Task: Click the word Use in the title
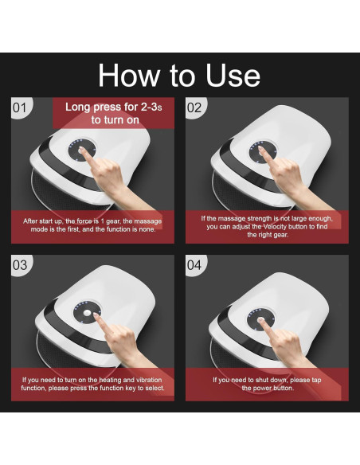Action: [233, 76]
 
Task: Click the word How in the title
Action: [129, 76]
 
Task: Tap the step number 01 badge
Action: [20, 107]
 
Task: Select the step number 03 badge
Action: [20, 265]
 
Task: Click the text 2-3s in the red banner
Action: [151, 107]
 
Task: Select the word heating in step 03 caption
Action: [110, 380]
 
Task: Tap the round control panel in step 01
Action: [82, 149]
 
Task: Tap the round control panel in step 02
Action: [263, 152]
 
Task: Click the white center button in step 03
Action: [87, 313]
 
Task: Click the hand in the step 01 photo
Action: [112, 178]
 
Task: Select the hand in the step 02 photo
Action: [291, 179]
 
